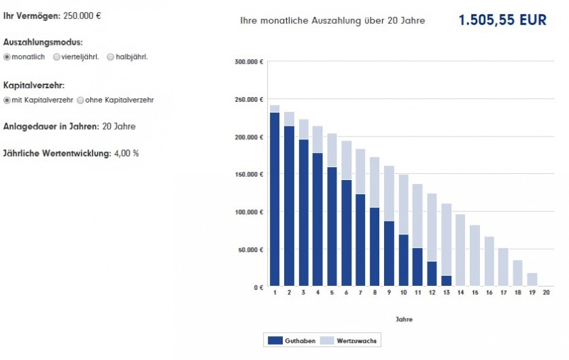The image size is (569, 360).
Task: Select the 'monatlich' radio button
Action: point(7,57)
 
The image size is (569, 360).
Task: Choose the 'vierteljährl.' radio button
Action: point(57,57)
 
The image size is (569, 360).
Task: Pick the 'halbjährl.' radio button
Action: point(110,57)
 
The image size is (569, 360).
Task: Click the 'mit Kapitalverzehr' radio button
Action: point(7,100)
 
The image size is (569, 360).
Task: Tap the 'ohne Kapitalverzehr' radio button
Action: point(80,100)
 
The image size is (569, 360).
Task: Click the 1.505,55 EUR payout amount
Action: point(502,20)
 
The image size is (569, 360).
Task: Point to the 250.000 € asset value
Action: point(82,15)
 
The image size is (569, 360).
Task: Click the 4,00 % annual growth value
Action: point(126,154)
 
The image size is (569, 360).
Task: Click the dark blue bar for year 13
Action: point(446,281)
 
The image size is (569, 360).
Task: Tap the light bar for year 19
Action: point(532,279)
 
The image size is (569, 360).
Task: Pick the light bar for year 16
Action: point(489,262)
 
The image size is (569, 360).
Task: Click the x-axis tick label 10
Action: point(403,293)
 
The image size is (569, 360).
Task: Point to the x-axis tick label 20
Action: point(546,293)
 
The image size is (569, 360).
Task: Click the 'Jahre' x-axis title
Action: point(404,319)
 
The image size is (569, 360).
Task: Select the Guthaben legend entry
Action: point(292,340)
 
